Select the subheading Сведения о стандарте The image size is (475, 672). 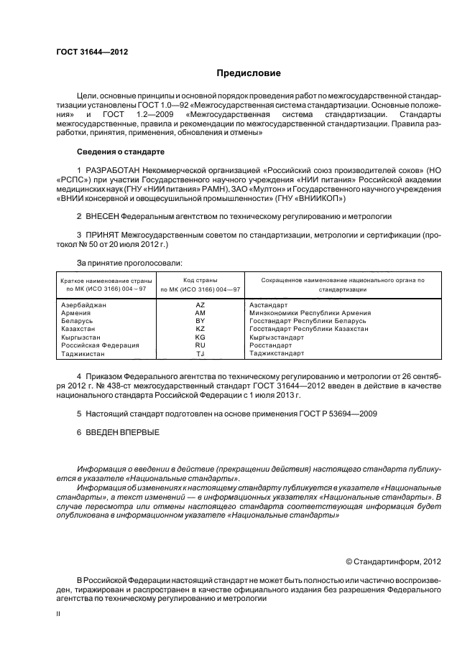coord(120,151)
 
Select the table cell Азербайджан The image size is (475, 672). coord(84,305)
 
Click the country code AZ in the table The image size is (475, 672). coord(200,305)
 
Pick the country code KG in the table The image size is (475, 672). coord(200,337)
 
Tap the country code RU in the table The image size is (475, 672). coord(200,345)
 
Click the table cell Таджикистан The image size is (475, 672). coord(83,353)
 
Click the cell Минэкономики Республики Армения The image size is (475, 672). coord(310,313)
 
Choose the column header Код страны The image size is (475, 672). coord(200,280)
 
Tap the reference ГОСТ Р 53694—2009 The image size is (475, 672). coord(337,414)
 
